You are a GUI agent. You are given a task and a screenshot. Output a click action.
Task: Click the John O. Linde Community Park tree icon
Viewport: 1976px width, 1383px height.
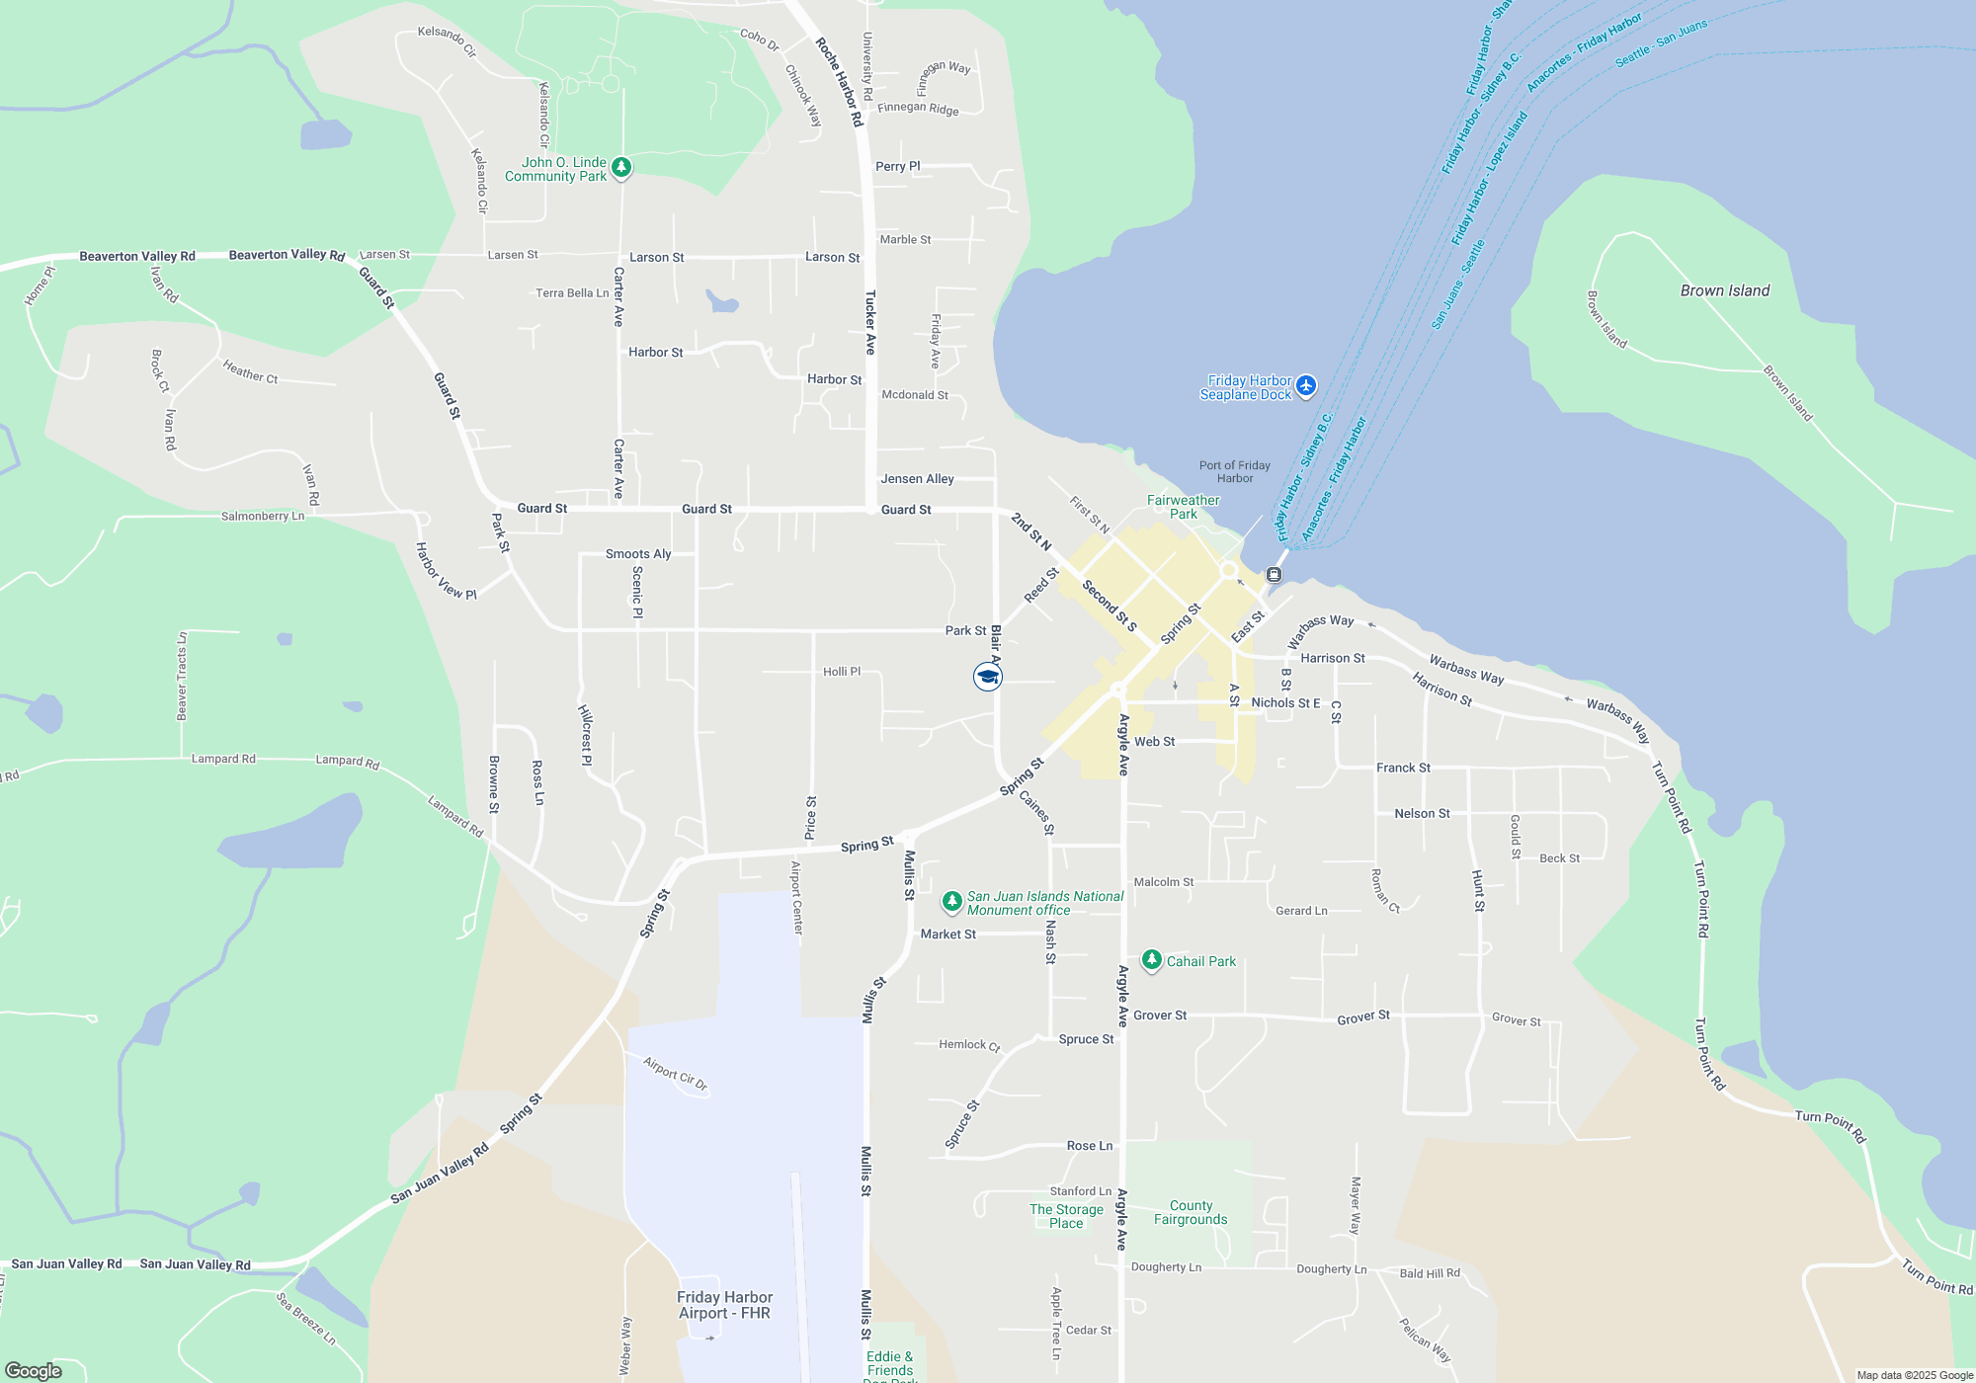(621, 168)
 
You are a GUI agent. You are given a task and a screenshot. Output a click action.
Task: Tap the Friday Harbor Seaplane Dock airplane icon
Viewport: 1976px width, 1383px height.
(1306, 385)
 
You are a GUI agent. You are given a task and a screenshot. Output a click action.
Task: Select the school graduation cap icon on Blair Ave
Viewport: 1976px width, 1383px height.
(987, 677)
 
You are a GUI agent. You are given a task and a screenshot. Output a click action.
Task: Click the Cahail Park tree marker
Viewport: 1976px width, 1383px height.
(1151, 960)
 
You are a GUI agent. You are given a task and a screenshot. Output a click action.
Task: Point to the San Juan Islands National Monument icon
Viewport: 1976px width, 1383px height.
(951, 901)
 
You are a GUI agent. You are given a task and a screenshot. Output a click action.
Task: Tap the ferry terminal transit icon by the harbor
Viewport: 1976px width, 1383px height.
(1275, 574)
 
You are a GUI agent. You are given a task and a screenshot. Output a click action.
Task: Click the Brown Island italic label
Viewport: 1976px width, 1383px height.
(1724, 290)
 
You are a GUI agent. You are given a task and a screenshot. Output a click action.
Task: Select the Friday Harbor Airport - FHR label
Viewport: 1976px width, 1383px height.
(724, 1305)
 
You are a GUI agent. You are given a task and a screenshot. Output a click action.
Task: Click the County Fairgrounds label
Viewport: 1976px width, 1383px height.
(1191, 1212)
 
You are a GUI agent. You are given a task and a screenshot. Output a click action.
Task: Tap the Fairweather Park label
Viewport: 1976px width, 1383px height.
(1183, 507)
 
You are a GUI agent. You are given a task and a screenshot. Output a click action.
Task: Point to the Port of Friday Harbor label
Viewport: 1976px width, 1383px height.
(1234, 471)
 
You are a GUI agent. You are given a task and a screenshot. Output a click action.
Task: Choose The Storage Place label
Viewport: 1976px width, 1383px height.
(1066, 1216)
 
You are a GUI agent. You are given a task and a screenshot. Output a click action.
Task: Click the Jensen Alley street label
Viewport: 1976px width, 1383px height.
(917, 479)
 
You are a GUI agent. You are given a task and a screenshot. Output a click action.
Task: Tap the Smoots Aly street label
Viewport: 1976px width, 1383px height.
(638, 554)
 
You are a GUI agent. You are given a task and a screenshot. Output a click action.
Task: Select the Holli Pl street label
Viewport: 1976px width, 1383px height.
(842, 672)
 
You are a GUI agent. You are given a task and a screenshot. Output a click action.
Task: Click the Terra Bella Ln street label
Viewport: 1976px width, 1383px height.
(572, 293)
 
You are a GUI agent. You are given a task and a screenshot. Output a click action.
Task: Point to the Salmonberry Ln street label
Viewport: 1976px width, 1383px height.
(263, 516)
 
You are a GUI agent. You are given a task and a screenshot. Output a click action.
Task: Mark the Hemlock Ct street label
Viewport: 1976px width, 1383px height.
(969, 1044)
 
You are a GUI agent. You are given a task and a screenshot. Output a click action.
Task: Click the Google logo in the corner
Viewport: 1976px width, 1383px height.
(34, 1370)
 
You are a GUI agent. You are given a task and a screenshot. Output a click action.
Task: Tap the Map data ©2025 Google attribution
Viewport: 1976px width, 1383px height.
(1914, 1375)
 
